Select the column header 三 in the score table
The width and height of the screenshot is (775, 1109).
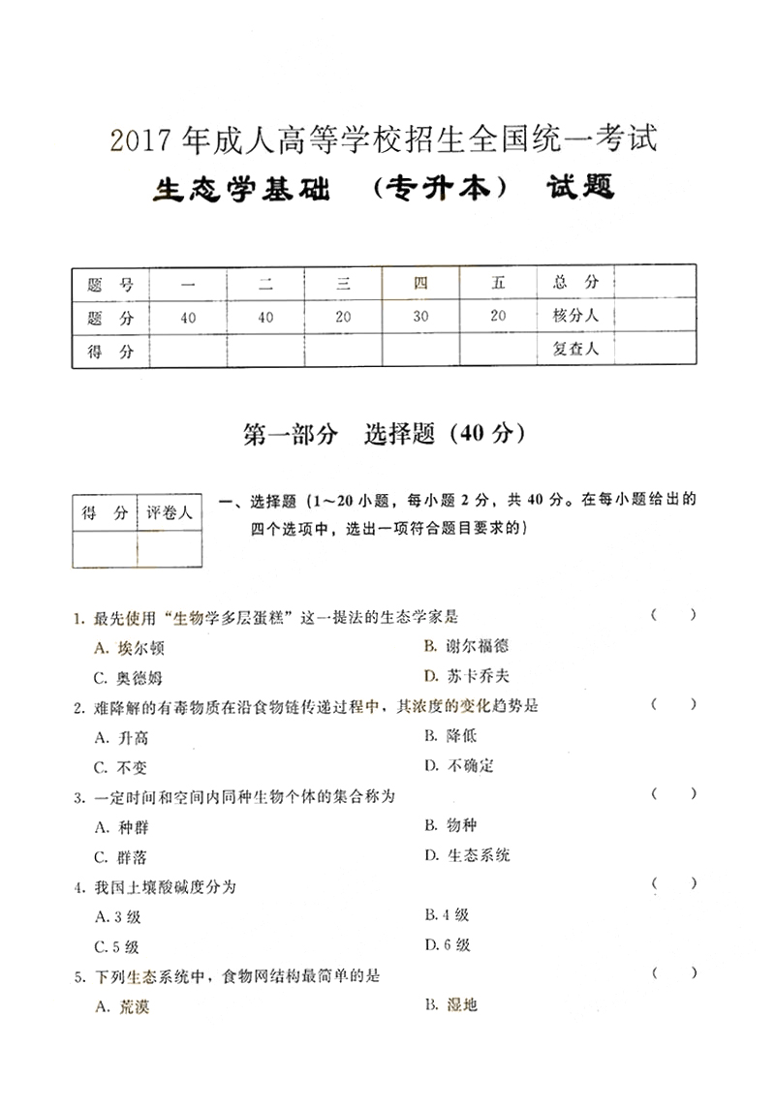click(x=343, y=284)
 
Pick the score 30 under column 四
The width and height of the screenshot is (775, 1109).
click(x=420, y=318)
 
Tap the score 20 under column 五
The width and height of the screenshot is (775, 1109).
click(x=498, y=317)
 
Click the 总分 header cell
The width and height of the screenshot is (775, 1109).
click(x=576, y=283)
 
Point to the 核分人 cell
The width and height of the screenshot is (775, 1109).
click(x=576, y=317)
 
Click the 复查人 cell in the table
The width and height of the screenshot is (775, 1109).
click(x=576, y=350)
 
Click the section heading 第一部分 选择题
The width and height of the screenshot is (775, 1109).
click(x=386, y=435)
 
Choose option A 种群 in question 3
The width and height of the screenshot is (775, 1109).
click(x=122, y=827)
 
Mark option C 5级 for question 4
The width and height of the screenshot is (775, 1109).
click(x=117, y=946)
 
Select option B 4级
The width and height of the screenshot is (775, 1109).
click(x=447, y=915)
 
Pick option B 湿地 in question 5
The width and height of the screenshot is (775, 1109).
click(x=450, y=1005)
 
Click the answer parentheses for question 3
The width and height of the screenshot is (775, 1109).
click(x=673, y=794)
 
